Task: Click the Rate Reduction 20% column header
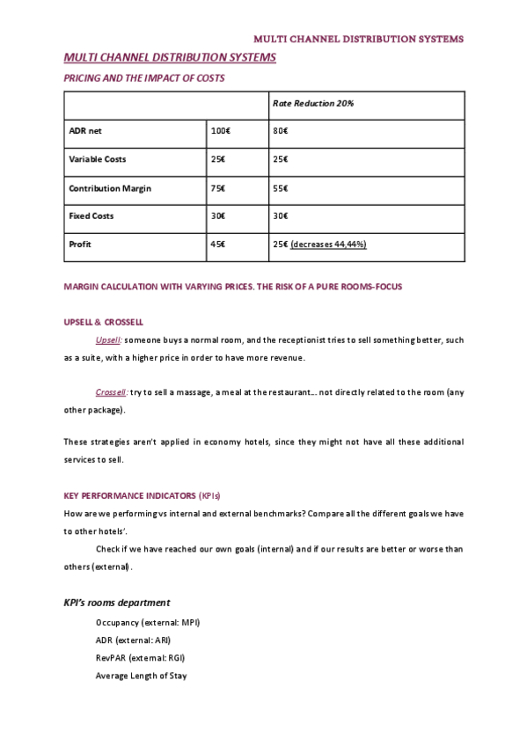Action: [x=313, y=104]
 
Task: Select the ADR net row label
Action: [x=85, y=131]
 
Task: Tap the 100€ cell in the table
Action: [x=220, y=131]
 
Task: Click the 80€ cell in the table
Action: [x=281, y=131]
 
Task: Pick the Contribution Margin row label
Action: [x=110, y=188]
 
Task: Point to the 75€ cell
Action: [x=217, y=188]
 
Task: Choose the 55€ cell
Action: [x=281, y=188]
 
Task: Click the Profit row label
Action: [x=80, y=244]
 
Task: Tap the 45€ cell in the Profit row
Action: [x=217, y=244]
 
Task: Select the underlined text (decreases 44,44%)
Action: [x=328, y=244]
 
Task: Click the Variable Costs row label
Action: [x=98, y=159]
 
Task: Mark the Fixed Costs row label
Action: [x=91, y=216]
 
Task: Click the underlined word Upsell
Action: [x=108, y=340]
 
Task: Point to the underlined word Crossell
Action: [x=112, y=391]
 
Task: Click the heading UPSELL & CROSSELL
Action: [x=104, y=322]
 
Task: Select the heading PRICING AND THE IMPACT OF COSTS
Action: [x=144, y=78]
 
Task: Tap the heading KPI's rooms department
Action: [x=117, y=603]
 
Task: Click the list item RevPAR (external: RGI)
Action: [x=141, y=657]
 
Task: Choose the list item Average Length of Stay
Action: [x=141, y=676]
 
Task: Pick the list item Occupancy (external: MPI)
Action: [x=148, y=622]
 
